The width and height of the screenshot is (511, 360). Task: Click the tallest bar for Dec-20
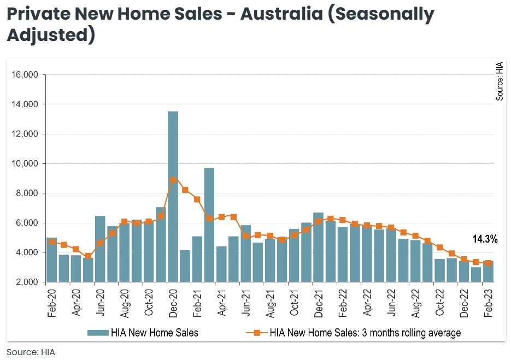[x=173, y=197]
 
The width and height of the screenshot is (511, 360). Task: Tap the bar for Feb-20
[x=52, y=259]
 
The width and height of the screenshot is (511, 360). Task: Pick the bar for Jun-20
[x=100, y=249]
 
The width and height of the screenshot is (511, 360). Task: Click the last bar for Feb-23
[x=488, y=272]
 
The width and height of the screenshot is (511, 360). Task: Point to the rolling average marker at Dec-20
[x=173, y=180]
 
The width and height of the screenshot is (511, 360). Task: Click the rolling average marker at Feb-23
[x=488, y=263]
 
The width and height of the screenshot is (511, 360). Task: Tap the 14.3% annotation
[x=485, y=239]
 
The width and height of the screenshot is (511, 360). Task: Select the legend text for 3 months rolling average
[x=365, y=333]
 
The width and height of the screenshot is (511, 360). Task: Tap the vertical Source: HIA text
[x=499, y=82]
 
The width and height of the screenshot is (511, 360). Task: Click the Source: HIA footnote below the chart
[x=31, y=352]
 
